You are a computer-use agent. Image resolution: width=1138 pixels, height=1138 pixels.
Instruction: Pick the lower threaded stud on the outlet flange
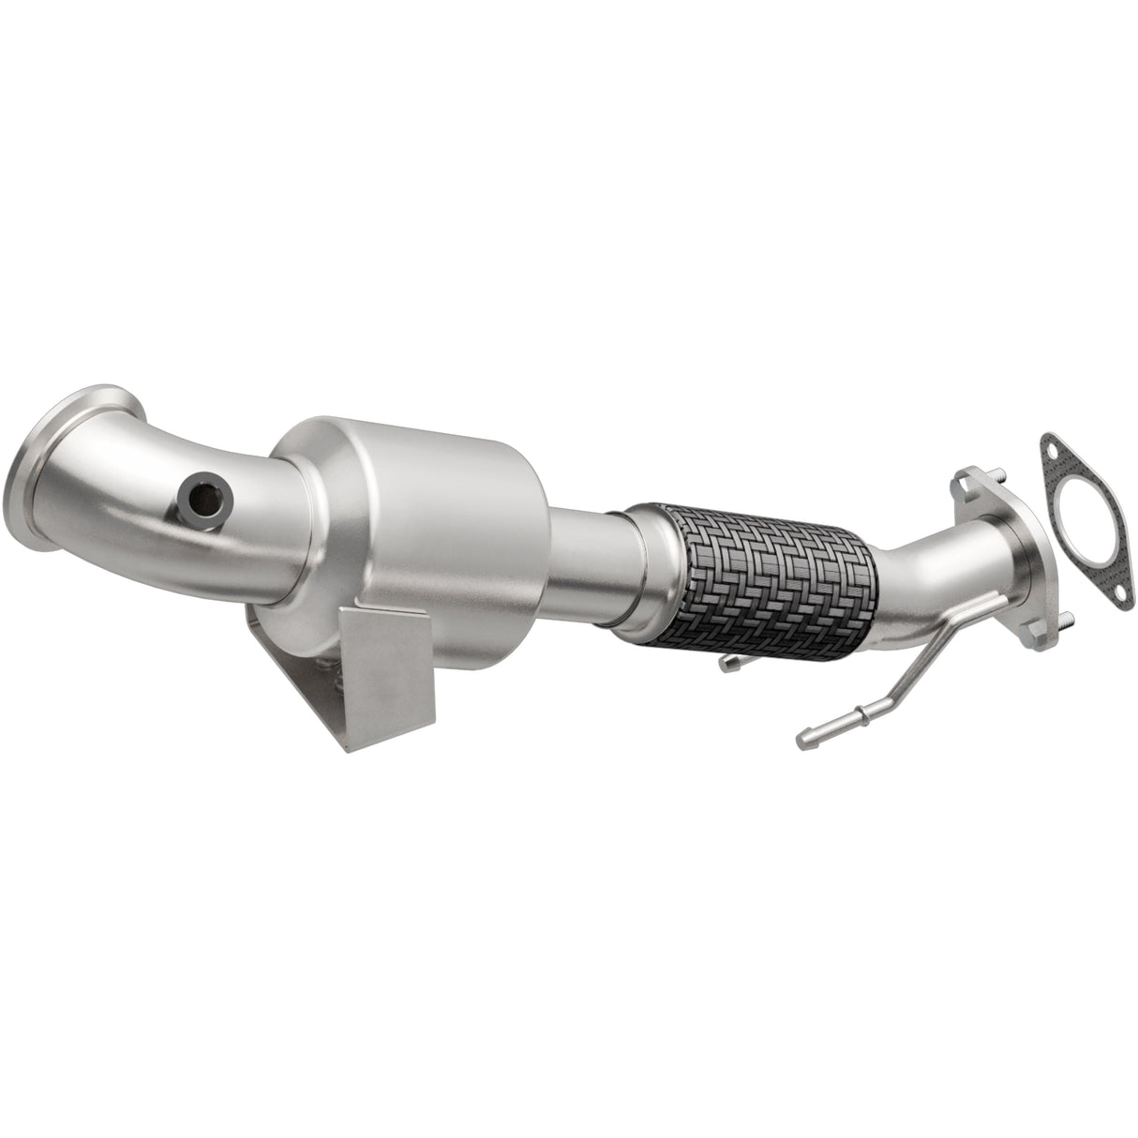tap(1065, 620)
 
